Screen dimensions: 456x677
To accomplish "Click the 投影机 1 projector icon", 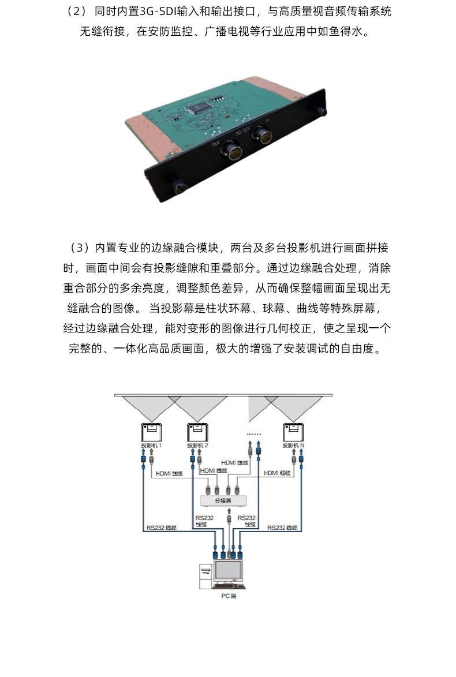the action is [x=151, y=432].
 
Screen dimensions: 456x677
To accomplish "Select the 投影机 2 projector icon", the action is [x=197, y=432].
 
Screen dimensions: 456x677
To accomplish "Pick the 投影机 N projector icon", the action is [x=293, y=432].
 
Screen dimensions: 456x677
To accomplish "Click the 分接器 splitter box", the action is [x=223, y=501].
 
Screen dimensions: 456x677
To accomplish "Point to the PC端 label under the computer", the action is [x=229, y=596].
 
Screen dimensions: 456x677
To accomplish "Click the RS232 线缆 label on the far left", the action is [x=160, y=528].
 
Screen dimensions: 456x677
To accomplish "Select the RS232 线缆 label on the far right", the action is [x=282, y=528].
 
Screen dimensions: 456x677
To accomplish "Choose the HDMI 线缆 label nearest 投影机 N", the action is [x=277, y=473].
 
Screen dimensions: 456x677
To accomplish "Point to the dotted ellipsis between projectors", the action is [x=254, y=433].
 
